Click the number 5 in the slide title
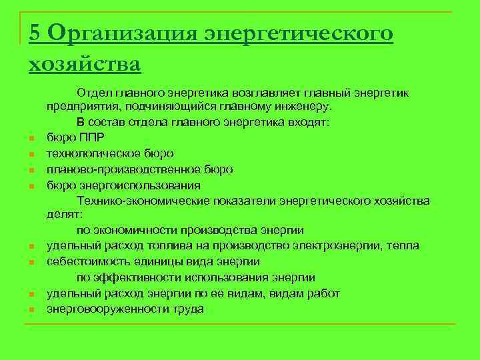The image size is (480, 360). (37, 33)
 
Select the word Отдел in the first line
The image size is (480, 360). (92, 91)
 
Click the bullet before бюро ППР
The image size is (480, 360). (31, 139)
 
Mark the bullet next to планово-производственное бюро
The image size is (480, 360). (31, 170)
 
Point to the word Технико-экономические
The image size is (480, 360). (143, 200)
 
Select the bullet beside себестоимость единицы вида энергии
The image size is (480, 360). (31, 262)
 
